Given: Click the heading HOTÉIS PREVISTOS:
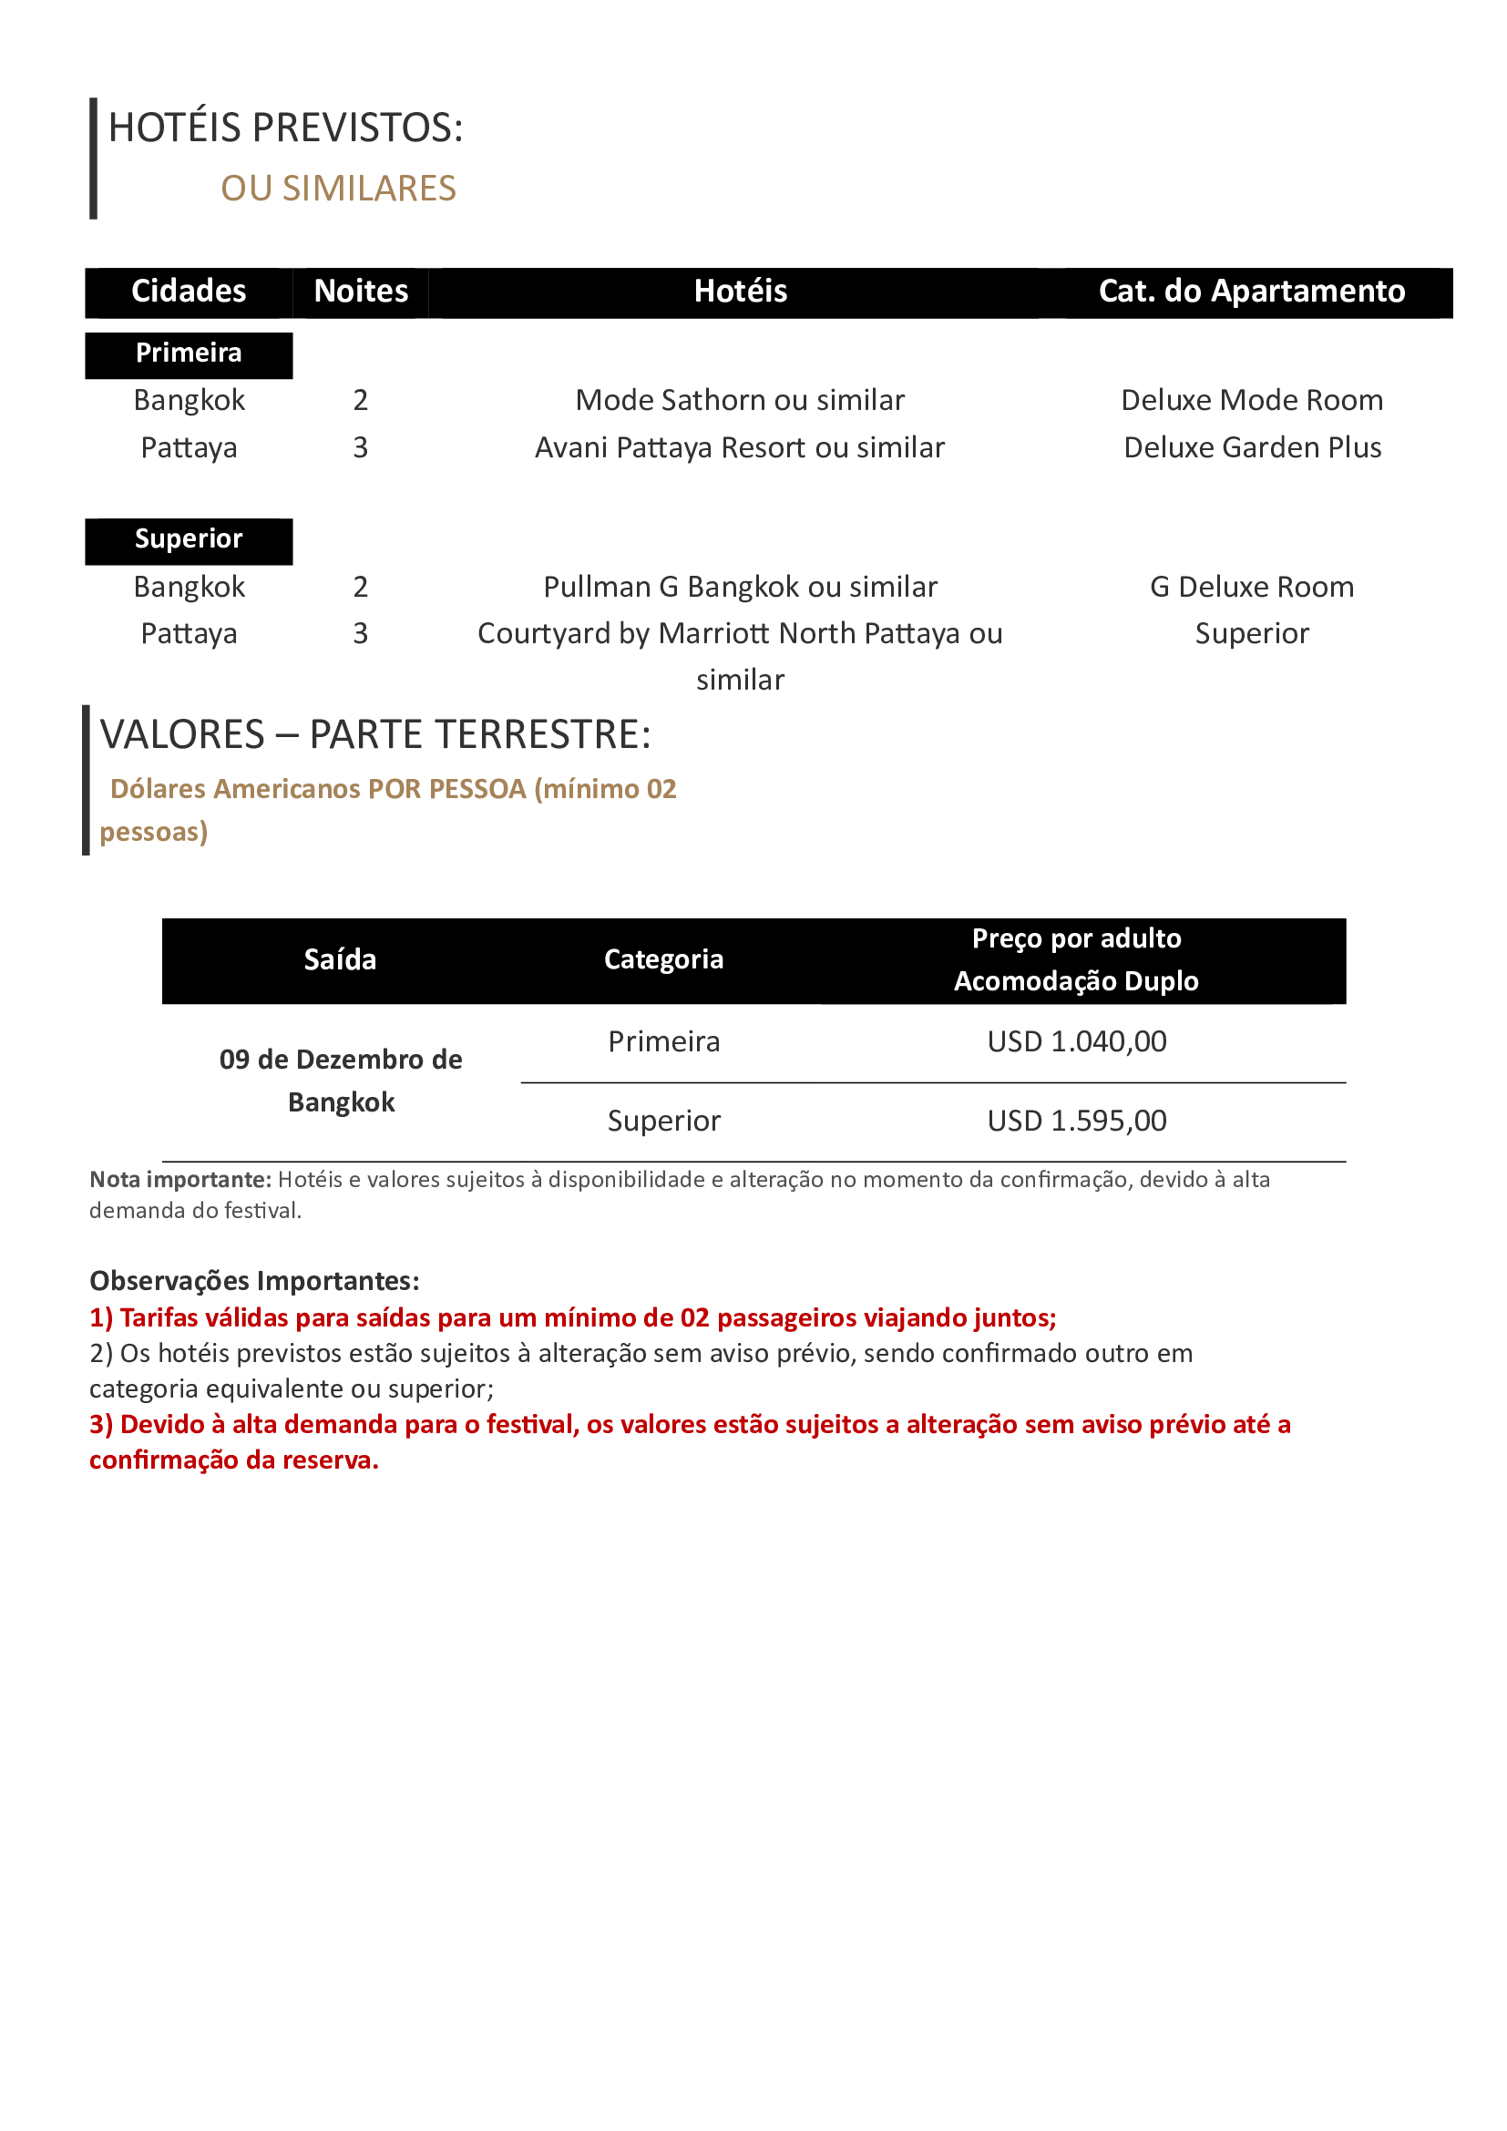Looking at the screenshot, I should (x=285, y=128).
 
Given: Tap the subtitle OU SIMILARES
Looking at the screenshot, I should (x=338, y=189).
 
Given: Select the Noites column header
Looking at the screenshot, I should (x=361, y=292).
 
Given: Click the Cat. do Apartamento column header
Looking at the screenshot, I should (x=1251, y=292).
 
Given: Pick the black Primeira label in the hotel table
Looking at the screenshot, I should (x=189, y=353).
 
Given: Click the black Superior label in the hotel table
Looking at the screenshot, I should (x=189, y=539).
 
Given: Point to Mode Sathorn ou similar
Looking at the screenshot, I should (x=740, y=400).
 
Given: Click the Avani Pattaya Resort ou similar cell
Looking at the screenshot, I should (x=740, y=447).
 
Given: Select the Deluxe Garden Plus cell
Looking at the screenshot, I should (x=1252, y=447).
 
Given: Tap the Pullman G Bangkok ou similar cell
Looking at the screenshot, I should (x=740, y=587).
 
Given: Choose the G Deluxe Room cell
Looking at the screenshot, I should (x=1252, y=587).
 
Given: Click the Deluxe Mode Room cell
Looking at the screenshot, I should (x=1252, y=400).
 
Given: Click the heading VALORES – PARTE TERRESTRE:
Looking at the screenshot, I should (x=375, y=734).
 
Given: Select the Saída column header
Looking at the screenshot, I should (x=340, y=959).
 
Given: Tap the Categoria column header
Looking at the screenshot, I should (x=663, y=959).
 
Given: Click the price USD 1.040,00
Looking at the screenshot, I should (x=1076, y=1041).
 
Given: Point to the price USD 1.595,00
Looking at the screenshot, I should (x=1076, y=1121).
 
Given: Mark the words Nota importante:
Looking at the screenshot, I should (x=180, y=1180).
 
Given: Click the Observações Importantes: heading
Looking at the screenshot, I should (x=254, y=1281).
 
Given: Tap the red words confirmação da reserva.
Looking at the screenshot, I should (x=234, y=1460).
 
